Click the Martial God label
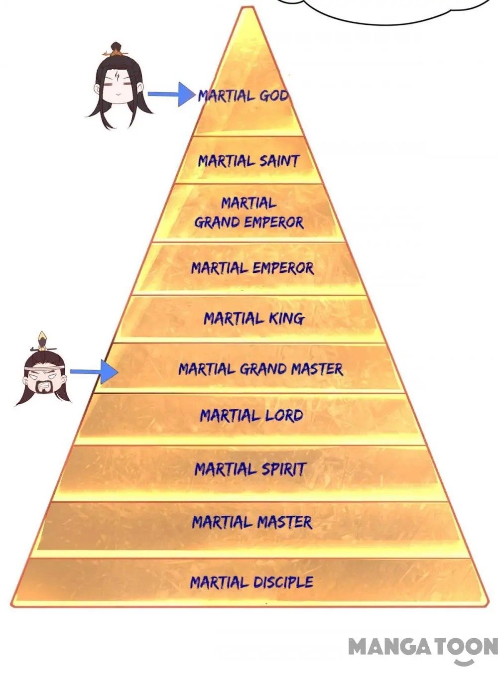click(243, 96)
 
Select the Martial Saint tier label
click(249, 161)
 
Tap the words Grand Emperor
click(249, 222)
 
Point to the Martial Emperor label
click(252, 268)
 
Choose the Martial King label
click(253, 318)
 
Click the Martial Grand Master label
click(260, 369)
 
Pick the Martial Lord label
click(251, 416)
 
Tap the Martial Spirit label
click(250, 469)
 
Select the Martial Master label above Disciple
click(252, 522)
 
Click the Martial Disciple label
click(251, 582)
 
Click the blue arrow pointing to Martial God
click(171, 94)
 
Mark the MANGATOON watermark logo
click(422, 648)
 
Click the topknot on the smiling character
click(116, 49)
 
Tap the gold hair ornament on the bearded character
click(43, 339)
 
